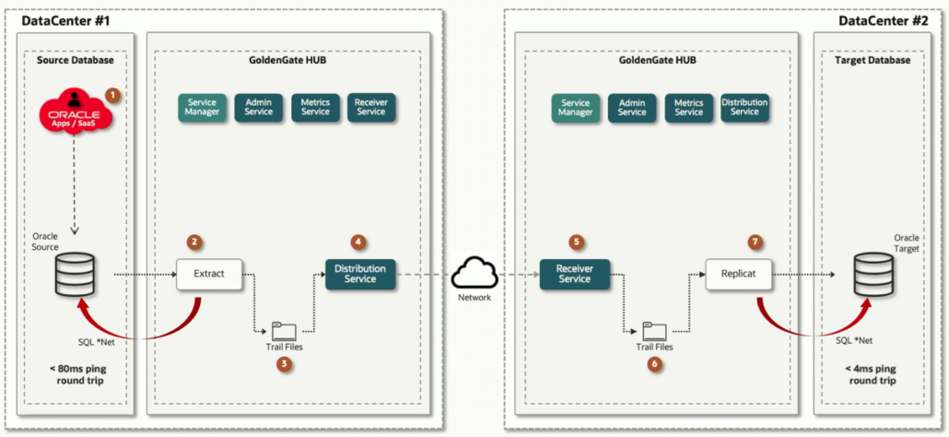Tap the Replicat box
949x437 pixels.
[x=738, y=274]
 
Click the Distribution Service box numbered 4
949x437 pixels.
[x=360, y=273]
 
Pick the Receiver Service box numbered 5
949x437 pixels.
[x=574, y=273]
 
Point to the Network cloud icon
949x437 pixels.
[x=475, y=272]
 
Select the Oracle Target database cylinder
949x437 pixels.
[x=871, y=275]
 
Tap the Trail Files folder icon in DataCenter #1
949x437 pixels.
[x=284, y=330]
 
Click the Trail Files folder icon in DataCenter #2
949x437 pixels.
[x=654, y=330]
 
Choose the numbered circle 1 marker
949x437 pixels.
[x=111, y=94]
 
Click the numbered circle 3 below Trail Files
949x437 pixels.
[x=284, y=364]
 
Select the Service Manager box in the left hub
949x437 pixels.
[x=202, y=107]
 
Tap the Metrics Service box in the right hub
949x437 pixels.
[x=688, y=107]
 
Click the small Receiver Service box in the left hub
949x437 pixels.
[x=370, y=107]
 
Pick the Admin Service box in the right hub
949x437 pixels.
[x=632, y=107]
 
